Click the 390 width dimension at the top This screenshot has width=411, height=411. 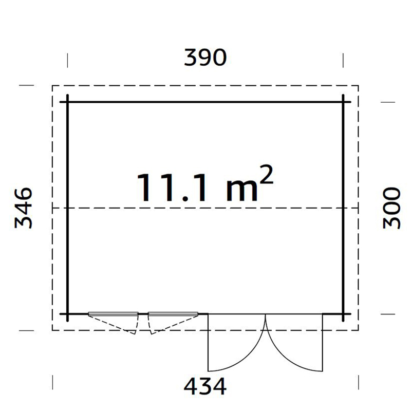tap(206, 58)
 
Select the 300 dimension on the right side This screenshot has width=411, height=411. tap(391, 208)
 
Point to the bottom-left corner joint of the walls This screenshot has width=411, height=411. tap(68, 313)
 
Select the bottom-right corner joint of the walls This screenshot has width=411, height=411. tap(343, 313)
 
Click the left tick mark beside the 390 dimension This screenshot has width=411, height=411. tap(68, 59)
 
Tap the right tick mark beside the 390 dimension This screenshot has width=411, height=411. tap(343, 59)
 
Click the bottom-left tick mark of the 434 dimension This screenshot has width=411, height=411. tap(53, 383)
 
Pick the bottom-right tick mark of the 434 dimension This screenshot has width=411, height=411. tap(358, 383)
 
